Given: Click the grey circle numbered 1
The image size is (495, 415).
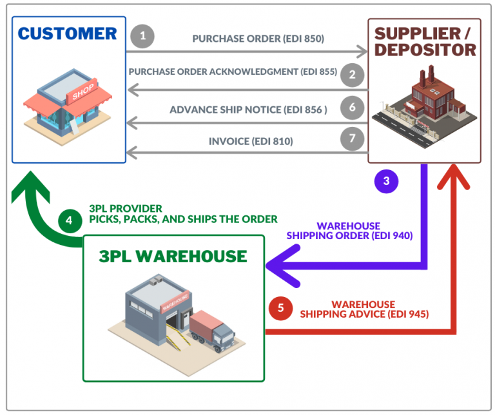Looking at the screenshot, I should pyautogui.click(x=142, y=36).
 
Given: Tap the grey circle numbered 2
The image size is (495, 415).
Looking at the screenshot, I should pyautogui.click(x=352, y=74).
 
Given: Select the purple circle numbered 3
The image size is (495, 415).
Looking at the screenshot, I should pyautogui.click(x=386, y=180).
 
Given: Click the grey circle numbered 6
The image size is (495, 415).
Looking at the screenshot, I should pyautogui.click(x=352, y=108).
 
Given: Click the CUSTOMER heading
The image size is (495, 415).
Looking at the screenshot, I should pyautogui.click(x=68, y=34).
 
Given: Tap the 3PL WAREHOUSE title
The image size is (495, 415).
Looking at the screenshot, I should pyautogui.click(x=173, y=256).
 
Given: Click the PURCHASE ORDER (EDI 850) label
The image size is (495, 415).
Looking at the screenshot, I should pyautogui.click(x=258, y=39).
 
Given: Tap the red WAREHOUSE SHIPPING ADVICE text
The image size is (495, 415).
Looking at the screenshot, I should pyautogui.click(x=364, y=309).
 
